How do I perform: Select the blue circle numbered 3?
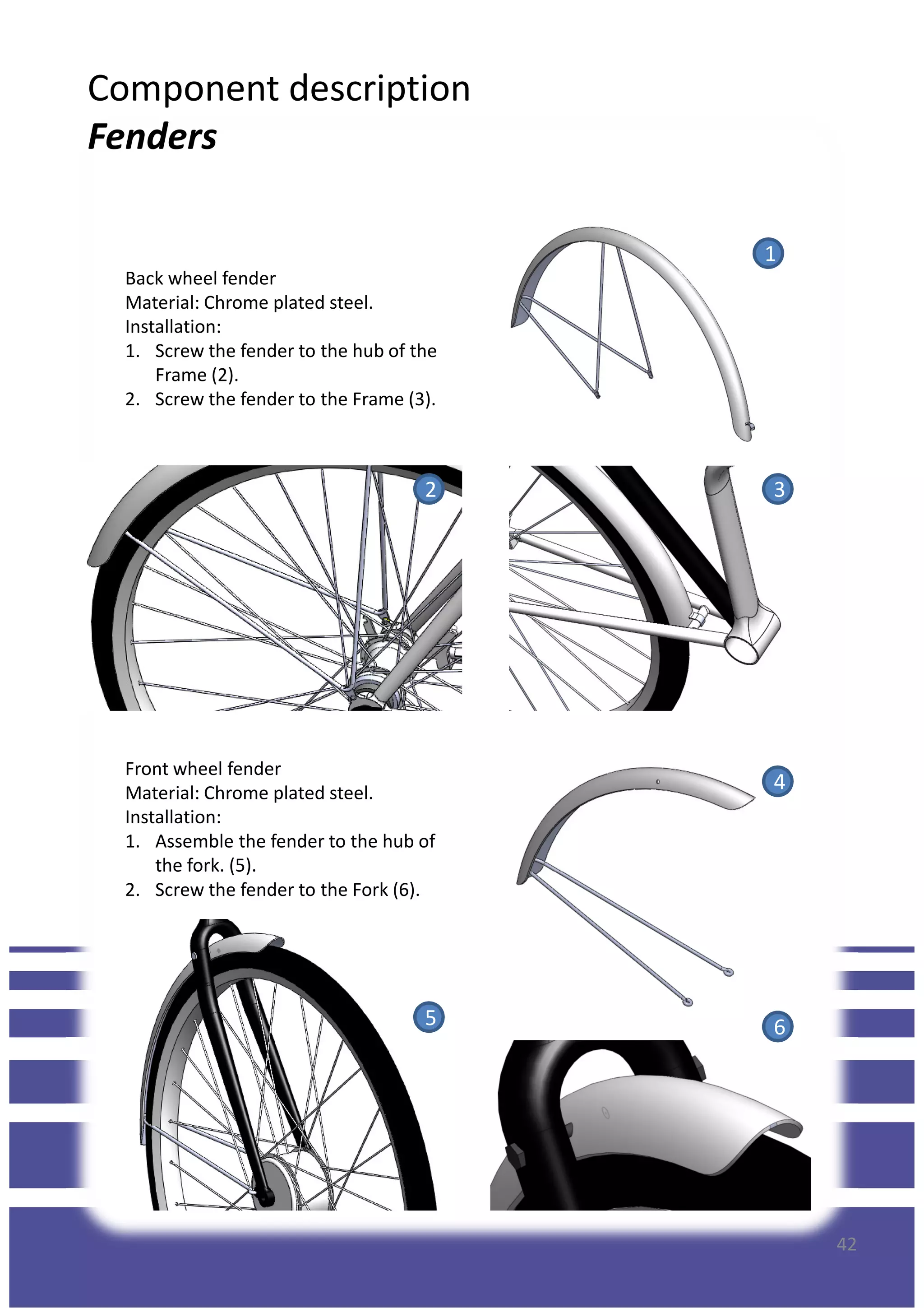pos(778,489)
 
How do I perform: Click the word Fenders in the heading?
pos(152,137)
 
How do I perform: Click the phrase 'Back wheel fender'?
pos(200,278)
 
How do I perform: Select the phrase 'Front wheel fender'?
pos(203,769)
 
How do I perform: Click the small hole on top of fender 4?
pos(658,782)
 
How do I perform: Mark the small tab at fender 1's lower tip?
pos(750,426)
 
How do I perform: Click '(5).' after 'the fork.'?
pos(243,865)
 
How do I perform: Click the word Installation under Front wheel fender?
pos(172,817)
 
